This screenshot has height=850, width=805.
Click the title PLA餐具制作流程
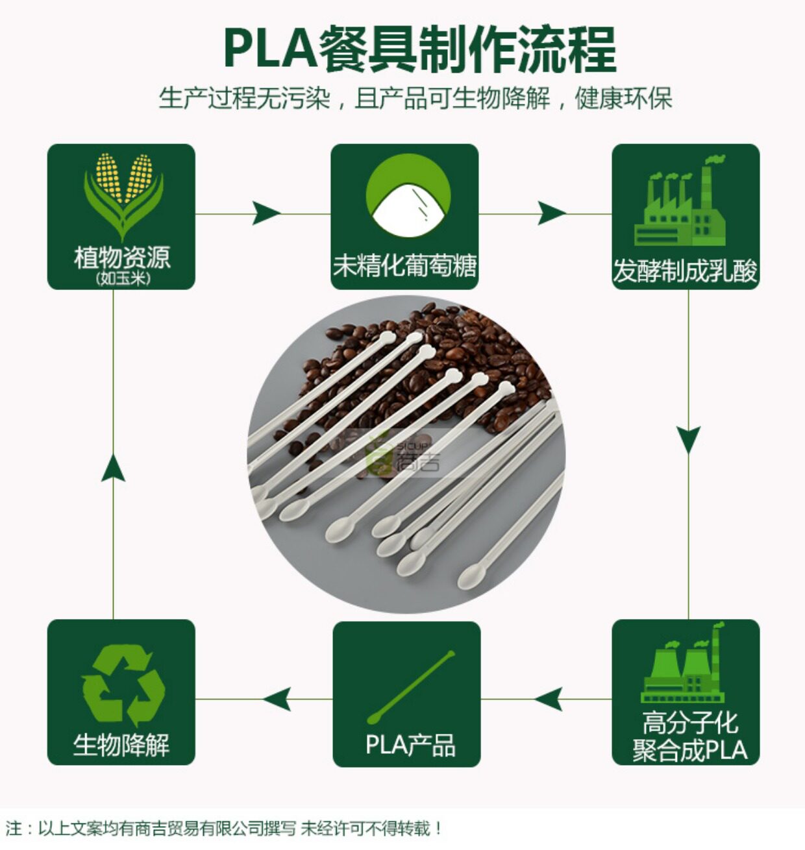419,49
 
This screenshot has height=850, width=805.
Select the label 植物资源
123,258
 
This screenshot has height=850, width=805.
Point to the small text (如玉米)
123,278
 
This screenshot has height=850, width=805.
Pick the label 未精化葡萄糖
405,265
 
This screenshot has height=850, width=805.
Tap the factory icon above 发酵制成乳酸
680,200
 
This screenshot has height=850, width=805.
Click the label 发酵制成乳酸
685,271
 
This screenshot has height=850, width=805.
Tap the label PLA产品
410,746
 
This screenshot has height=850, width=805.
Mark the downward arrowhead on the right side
688,440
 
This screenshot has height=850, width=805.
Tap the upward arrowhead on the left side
114,468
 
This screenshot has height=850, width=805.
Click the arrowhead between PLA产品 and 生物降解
277,699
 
